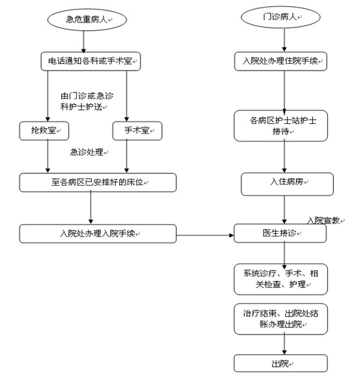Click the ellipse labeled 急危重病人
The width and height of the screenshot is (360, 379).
point(87,20)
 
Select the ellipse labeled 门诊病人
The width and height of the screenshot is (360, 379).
point(280,17)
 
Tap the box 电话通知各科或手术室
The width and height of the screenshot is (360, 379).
point(91,61)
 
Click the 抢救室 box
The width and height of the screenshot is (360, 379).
point(44,131)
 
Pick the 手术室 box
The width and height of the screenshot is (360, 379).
point(137,131)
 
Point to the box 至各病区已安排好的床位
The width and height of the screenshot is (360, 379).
point(97,182)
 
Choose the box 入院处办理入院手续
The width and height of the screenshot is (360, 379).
point(97,234)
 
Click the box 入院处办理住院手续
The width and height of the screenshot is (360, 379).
point(280,61)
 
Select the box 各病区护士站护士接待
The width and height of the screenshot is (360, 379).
point(280,125)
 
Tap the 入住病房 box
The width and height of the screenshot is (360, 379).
point(287,184)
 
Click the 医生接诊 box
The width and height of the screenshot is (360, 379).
point(280,233)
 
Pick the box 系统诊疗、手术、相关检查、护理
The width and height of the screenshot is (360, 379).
point(280,279)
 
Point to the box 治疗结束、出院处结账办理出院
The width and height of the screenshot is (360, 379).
point(280,319)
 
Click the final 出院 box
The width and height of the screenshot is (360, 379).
point(280,363)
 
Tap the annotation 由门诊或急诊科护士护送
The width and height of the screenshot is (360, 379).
point(87,101)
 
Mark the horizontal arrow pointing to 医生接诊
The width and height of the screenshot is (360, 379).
point(205,235)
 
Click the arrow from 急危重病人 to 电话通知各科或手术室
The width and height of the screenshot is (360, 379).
point(84,42)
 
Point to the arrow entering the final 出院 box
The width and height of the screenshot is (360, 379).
point(285,345)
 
